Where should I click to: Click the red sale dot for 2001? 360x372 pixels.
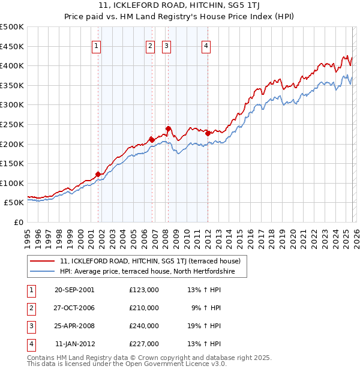[x=98, y=174]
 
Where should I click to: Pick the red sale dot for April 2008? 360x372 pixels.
[x=168, y=128]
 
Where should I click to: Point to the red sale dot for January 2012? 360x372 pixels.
[x=208, y=133]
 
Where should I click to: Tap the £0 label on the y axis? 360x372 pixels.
[x=18, y=222]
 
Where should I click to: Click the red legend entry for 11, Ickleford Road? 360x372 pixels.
[x=150, y=261]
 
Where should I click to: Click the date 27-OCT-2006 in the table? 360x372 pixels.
[x=74, y=308]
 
